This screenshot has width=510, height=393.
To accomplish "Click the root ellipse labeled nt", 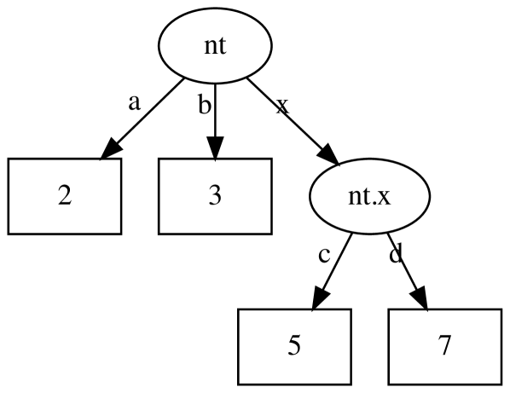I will point(215,46).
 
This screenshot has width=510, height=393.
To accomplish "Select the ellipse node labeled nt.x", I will point(369,196).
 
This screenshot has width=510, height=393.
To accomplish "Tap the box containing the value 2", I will point(65,196).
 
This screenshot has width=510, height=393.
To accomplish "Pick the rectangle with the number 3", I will point(215,196).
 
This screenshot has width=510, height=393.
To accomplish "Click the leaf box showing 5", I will point(294,346).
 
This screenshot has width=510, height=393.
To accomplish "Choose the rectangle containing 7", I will point(444,346).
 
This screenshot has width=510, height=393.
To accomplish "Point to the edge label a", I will point(134,103).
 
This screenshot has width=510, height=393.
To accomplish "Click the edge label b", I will point(204,105).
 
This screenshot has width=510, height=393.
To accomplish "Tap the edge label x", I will point(283,105).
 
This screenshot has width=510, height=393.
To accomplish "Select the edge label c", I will point(324,256).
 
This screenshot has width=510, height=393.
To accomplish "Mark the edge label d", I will point(395,256).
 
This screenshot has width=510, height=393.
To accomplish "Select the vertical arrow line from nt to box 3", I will point(215,111).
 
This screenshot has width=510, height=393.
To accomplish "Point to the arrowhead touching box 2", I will point(108,151).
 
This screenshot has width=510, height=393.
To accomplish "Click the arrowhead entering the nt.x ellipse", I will point(330,159).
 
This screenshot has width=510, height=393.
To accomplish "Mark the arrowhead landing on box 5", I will point(318,300).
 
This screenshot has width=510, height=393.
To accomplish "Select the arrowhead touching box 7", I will point(420,300).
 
